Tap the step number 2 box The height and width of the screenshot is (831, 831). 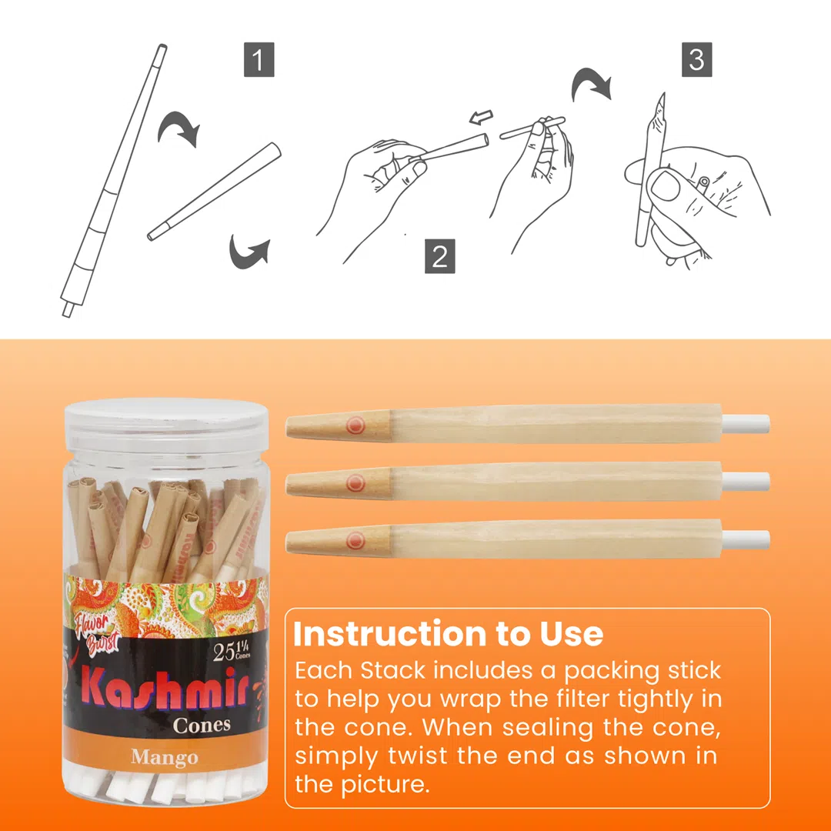[439, 257]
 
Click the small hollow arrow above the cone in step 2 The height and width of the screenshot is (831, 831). [480, 118]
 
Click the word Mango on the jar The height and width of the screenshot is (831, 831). [164, 757]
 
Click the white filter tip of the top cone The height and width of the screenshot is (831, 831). [746, 422]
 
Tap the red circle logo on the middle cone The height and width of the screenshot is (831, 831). [355, 483]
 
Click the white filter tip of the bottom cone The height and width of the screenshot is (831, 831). [746, 539]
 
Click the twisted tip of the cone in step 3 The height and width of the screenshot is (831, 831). [661, 101]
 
